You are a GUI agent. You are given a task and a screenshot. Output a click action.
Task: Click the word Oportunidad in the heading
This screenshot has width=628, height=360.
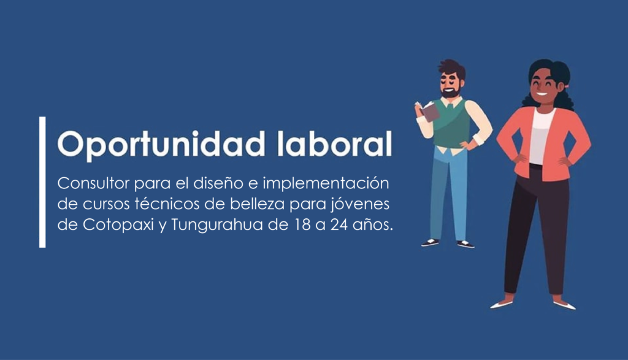point(161,145)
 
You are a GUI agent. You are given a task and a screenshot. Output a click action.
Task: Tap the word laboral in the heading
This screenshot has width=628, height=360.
point(334,143)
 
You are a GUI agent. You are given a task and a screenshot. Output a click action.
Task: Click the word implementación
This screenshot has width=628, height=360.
point(326,184)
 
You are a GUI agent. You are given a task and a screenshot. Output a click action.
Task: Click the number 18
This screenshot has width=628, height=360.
point(303,224)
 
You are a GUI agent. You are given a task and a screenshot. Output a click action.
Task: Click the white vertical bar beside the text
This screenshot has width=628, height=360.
point(42,182)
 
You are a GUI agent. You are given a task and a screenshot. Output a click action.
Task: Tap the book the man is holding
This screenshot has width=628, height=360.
point(429,111)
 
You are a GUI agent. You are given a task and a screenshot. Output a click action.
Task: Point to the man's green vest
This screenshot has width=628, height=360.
point(451,123)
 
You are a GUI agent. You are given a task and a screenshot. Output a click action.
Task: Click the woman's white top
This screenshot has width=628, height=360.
point(542,136)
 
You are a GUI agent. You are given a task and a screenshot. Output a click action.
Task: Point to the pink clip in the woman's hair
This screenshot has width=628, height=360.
point(567,86)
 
